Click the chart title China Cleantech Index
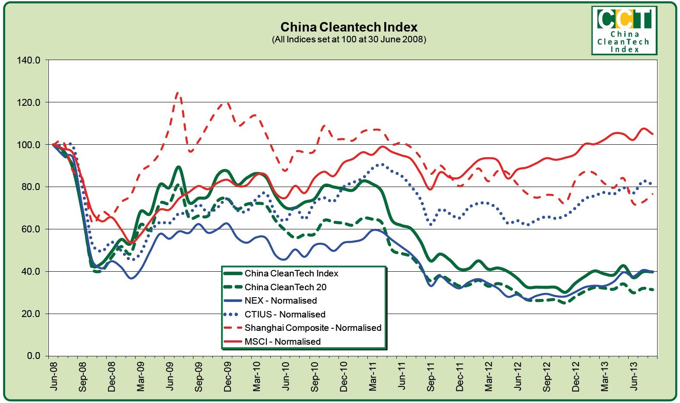coord(349,27)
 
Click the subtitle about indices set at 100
coord(349,39)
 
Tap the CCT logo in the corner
coord(624,30)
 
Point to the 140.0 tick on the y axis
coord(28,60)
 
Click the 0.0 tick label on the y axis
coord(33,356)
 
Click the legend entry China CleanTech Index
coord(291,273)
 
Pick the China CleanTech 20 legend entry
coord(285,287)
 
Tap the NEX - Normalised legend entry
coord(281,301)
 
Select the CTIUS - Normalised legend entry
coord(285,314)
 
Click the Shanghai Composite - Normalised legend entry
coord(313,328)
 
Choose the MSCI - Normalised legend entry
coord(282,342)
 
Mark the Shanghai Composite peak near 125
coord(178,92)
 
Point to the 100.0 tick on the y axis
coord(28,145)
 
